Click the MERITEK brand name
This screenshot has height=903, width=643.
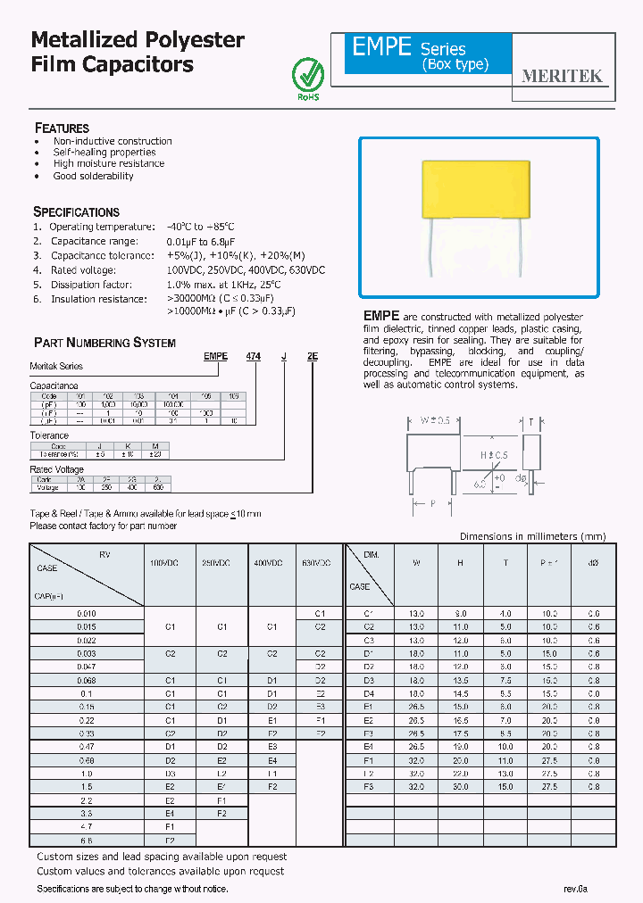click(562, 77)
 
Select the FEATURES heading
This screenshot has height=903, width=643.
click(62, 128)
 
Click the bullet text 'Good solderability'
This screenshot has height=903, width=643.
click(93, 176)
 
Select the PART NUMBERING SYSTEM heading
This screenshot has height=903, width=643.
click(104, 343)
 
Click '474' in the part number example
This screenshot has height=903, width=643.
click(254, 356)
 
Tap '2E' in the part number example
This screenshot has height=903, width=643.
click(313, 356)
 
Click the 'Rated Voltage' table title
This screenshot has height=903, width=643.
click(57, 469)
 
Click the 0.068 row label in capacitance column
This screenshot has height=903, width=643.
click(87, 680)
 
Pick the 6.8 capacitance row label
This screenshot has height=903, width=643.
click(87, 841)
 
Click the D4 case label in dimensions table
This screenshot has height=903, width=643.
click(367, 693)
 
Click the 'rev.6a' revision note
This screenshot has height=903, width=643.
click(576, 889)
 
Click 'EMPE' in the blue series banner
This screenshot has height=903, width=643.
click(382, 48)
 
